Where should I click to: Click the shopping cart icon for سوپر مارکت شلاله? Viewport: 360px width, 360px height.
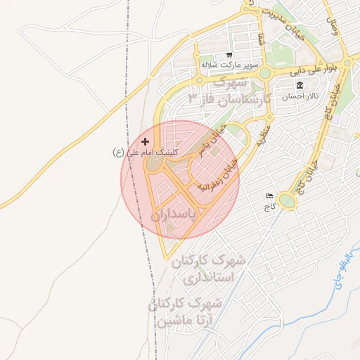[229, 55]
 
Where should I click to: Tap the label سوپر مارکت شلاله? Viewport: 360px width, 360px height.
[227, 65]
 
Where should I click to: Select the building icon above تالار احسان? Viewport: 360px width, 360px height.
[300, 85]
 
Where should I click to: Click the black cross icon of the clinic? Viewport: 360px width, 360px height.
[146, 142]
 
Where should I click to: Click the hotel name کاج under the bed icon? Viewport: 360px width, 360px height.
[268, 207]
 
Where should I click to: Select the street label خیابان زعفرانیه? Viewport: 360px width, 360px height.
[219, 175]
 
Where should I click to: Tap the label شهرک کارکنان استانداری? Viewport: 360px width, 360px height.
[212, 269]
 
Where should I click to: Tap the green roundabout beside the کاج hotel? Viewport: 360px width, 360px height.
[287, 202]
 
